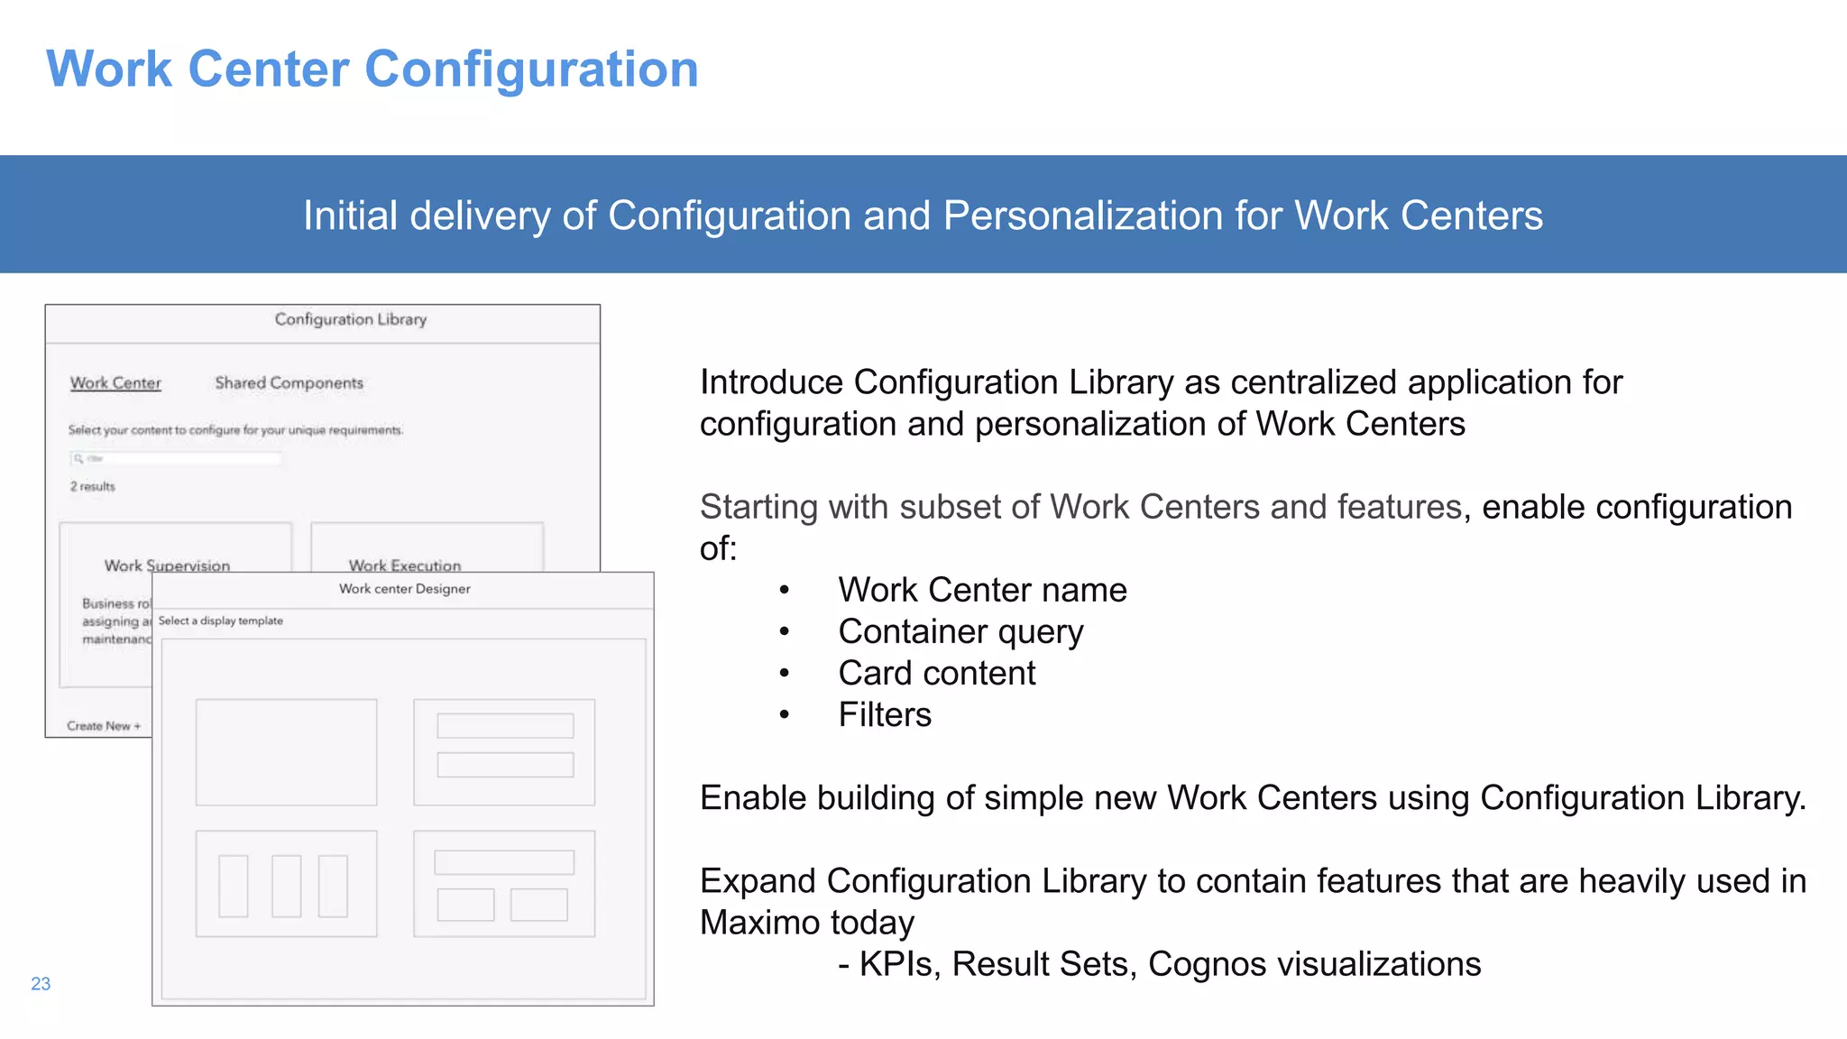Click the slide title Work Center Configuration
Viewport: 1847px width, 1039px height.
[372, 69]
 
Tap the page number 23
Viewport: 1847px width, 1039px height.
[41, 984]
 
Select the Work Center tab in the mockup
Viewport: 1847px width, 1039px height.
[115, 383]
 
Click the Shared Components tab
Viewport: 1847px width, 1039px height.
[289, 383]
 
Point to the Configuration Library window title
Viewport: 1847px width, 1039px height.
[350, 319]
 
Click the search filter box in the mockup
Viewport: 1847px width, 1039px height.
[176, 459]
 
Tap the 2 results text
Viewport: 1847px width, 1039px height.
[93, 487]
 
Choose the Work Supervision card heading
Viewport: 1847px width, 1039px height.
[167, 565]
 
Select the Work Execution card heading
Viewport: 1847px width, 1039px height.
[405, 565]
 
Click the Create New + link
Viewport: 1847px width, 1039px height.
[104, 726]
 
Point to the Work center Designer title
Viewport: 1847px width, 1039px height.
[404, 589]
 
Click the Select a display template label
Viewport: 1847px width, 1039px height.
[221, 621]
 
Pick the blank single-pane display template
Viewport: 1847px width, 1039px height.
[286, 752]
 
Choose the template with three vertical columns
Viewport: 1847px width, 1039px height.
[286, 884]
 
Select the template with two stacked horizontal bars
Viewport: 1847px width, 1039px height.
[504, 752]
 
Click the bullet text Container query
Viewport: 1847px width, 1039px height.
[960, 632]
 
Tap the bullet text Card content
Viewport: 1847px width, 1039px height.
[937, 674]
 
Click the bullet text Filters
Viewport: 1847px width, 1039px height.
[885, 715]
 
